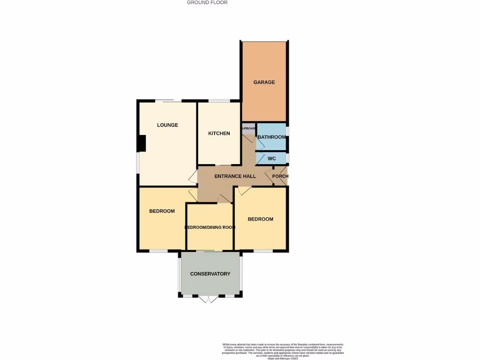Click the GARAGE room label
pos(264,82)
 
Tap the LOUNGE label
pos(167,125)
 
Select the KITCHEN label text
pos(219,134)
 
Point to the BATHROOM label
pos(271,137)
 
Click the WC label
pos(271,159)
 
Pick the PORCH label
pos(280,177)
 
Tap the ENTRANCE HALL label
pos(235,177)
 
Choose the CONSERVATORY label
pos(210,274)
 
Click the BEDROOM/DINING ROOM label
pos(210,227)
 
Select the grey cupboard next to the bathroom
pos(248,128)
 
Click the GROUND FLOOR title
pos(207,2)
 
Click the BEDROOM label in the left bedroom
pos(162,211)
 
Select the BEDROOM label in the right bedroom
pos(260,219)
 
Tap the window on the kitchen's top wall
pos(219,101)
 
